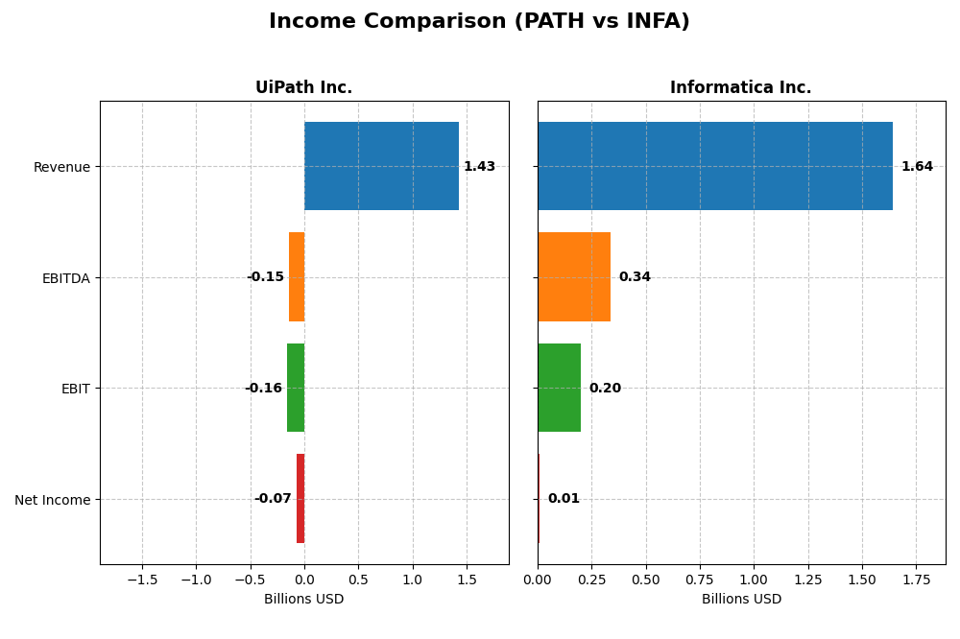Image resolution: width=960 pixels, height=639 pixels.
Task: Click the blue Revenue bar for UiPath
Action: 381,166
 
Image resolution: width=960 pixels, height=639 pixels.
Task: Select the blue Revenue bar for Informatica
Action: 714,166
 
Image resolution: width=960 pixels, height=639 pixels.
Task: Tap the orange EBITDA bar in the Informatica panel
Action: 573,277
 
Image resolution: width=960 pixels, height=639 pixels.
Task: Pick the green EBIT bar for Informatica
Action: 559,388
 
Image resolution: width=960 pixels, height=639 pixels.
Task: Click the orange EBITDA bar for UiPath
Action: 297,277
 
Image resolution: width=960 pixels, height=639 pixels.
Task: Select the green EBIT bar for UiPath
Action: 296,388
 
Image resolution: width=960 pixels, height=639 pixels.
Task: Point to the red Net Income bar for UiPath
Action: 300,499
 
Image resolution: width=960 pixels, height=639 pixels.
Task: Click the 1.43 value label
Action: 479,167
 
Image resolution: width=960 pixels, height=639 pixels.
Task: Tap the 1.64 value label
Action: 917,167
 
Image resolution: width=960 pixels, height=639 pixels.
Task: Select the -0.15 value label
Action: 265,277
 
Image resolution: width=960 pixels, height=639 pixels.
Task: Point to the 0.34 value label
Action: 635,277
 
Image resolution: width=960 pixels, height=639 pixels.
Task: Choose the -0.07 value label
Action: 273,499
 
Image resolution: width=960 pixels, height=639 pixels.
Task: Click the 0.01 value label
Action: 564,499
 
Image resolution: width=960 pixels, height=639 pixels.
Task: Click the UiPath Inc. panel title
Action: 303,88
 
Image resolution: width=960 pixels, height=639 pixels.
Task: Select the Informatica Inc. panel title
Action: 740,88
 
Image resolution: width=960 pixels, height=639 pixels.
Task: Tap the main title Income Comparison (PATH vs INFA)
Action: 479,22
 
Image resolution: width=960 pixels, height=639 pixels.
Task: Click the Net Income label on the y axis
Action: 52,500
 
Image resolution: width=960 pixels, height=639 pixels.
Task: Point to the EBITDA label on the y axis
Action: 65,278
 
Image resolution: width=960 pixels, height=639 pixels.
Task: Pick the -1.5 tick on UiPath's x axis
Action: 142,580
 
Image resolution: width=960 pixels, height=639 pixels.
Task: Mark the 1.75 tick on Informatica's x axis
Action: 916,580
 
